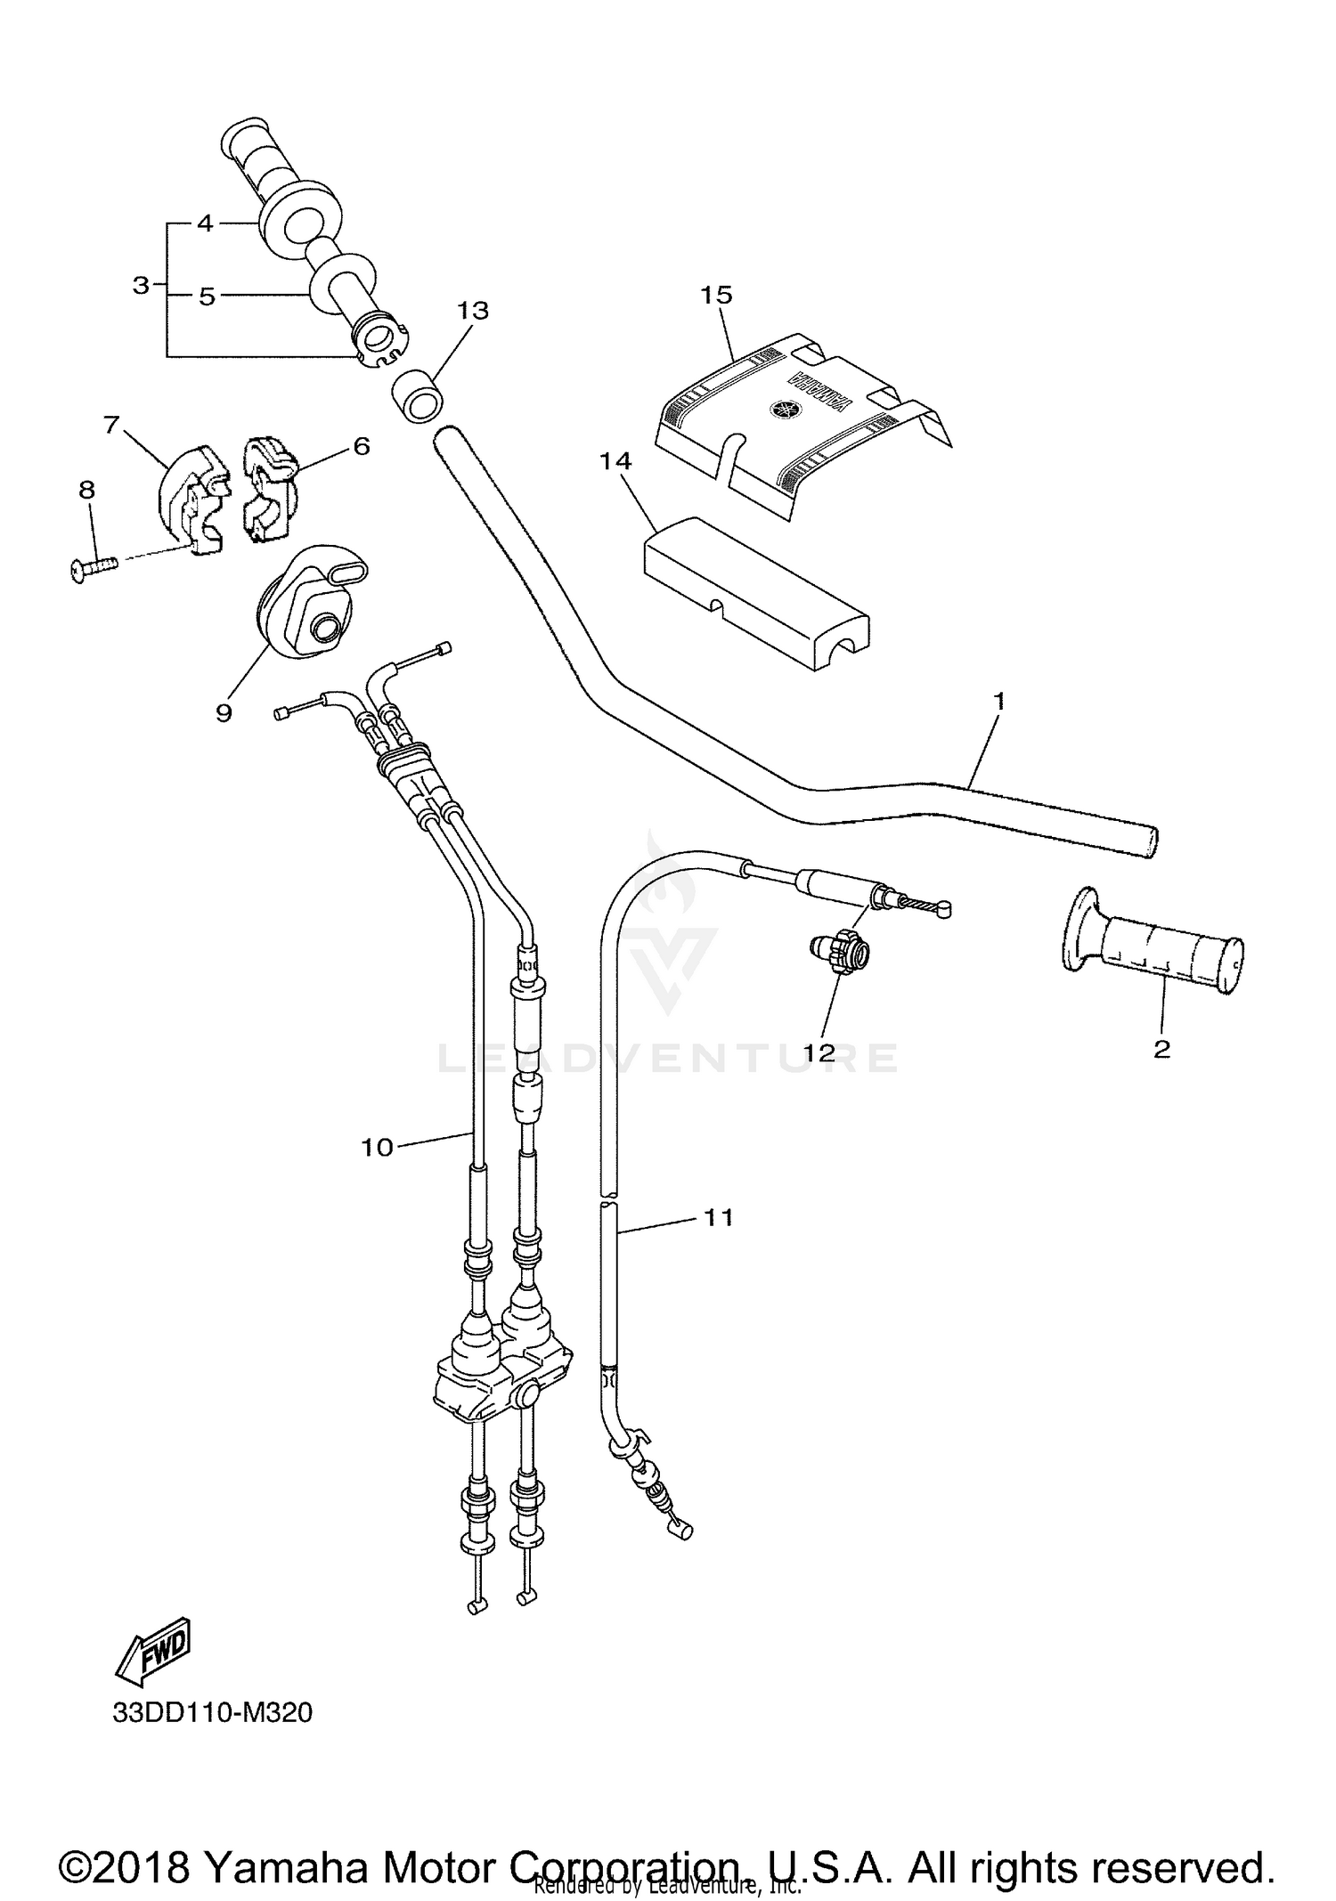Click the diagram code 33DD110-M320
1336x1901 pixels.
click(x=212, y=1713)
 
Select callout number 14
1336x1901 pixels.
click(x=615, y=461)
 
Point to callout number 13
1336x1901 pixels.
click(x=473, y=311)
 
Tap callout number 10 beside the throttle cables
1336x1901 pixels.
click(x=377, y=1148)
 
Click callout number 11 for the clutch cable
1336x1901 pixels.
click(x=718, y=1216)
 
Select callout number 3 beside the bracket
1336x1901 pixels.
click(x=141, y=286)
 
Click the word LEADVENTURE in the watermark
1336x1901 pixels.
click(x=668, y=1057)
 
